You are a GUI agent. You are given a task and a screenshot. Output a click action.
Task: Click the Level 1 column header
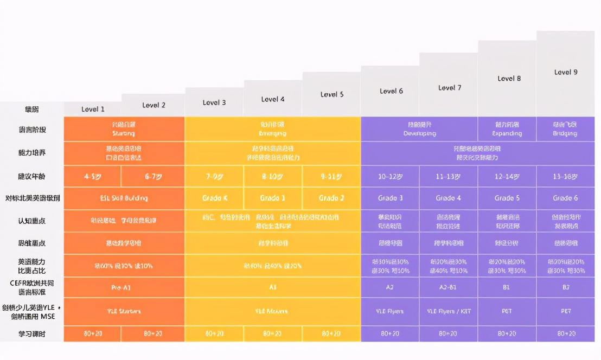[93, 109]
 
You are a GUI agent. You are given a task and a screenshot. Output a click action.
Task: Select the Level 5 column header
[332, 94]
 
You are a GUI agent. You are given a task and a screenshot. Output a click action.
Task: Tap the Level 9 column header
[566, 72]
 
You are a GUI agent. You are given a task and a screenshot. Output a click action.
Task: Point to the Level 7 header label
[450, 87]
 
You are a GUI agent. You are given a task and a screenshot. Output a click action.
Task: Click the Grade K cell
[215, 198]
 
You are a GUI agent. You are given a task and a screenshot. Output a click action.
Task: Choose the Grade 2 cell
[331, 198]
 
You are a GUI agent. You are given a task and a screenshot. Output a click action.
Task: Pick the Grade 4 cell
[448, 198]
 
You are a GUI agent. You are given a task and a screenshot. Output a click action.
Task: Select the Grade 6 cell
[565, 198]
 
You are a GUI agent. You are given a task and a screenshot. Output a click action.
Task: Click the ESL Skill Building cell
[124, 198]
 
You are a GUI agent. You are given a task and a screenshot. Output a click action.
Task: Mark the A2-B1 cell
[448, 287]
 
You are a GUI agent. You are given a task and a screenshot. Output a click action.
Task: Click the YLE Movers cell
[272, 311]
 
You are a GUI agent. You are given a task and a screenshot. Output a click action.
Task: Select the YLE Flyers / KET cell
[448, 311]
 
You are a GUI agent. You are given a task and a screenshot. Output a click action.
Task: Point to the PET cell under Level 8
[507, 311]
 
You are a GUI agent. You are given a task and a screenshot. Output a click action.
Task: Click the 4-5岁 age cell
[93, 176]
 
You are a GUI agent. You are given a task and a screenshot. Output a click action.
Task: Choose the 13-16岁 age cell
[565, 176]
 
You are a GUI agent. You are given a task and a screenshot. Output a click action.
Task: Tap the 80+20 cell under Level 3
[215, 333]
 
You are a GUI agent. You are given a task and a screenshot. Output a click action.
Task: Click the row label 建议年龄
[32, 176]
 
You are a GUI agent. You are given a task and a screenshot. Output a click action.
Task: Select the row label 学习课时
[32, 333]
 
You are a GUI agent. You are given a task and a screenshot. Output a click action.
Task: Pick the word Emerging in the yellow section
[273, 133]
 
